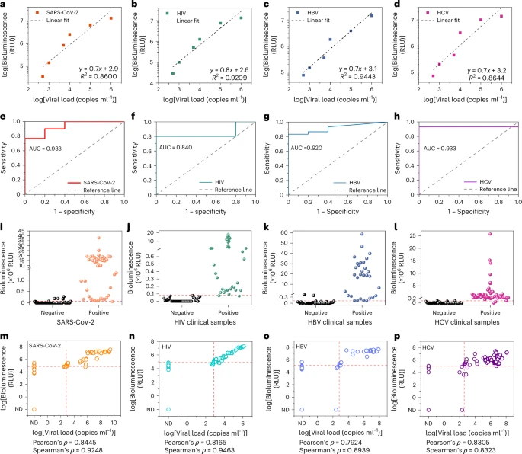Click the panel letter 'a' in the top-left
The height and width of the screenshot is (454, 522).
[x=5, y=5]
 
